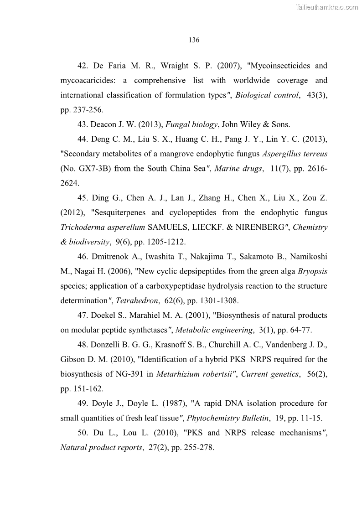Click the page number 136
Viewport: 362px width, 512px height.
(x=194, y=40)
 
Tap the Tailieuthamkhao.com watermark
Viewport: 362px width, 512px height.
(x=327, y=7)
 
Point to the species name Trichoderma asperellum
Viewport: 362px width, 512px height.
(x=103, y=227)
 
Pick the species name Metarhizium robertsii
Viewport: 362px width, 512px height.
(x=194, y=374)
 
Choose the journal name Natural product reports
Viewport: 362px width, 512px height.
(x=101, y=448)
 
